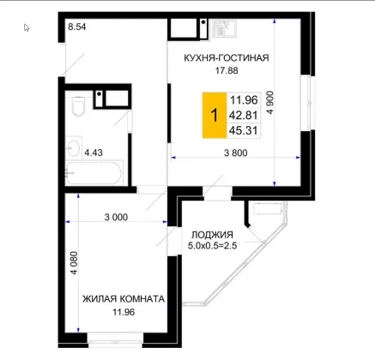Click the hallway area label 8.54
coord(77,27)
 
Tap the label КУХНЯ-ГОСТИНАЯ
coord(227,58)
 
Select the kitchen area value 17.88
coord(227,70)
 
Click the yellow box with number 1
coord(215,116)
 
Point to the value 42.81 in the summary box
coord(244,116)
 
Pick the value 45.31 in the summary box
coord(244,131)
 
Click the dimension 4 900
coord(270,103)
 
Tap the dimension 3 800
coord(236,153)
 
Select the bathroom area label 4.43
coord(94,153)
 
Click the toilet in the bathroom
coord(78,106)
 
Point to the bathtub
coord(94,173)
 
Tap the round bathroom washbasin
coord(74,147)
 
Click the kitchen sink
coord(225,28)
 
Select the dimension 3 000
coord(116,218)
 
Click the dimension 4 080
coord(74,263)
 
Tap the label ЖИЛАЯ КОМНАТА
coord(124,299)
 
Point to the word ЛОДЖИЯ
coord(212,235)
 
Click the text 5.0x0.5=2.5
coord(212,246)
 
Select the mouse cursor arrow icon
coord(27,27)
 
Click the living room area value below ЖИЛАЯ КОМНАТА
coord(124,312)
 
